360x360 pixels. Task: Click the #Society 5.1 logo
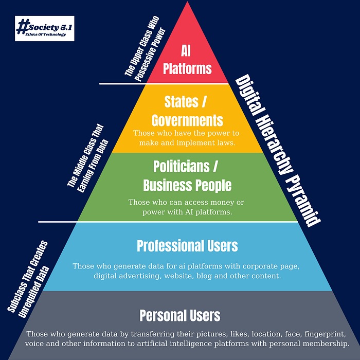(x=45, y=28)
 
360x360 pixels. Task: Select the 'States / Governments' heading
(x=187, y=110)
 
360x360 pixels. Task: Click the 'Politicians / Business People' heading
(x=187, y=175)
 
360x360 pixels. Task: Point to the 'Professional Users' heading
(x=187, y=246)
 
